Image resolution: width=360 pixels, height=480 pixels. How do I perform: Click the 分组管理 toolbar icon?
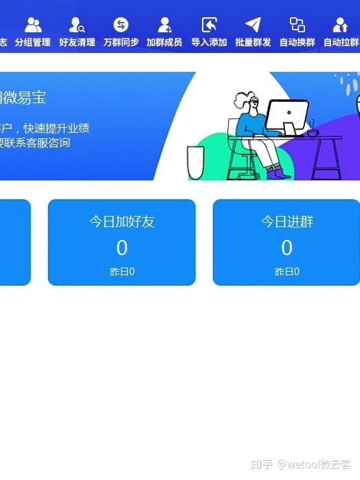click(33, 25)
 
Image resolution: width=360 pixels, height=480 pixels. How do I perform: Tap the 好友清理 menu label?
click(77, 43)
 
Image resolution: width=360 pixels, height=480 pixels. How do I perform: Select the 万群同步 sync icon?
click(121, 25)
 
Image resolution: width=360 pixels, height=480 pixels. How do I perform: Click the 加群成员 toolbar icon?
click(164, 25)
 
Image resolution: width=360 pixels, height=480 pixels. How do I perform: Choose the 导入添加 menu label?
click(209, 43)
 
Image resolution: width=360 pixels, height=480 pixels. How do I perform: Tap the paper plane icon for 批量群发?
click(253, 25)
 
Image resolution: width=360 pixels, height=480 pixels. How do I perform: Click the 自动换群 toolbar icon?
click(297, 25)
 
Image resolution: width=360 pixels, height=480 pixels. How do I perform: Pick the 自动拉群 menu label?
click(341, 43)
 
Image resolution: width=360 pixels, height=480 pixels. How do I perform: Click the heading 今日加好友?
click(122, 221)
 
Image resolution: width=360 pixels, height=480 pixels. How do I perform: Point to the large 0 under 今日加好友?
click(122, 248)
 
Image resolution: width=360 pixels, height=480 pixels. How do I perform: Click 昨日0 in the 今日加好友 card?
click(122, 272)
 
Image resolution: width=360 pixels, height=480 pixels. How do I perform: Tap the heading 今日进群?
click(286, 221)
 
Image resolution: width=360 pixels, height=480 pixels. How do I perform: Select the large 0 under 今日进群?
click(286, 248)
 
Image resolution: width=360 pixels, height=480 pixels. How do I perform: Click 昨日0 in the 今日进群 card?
click(286, 272)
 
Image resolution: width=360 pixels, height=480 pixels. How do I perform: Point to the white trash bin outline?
click(195, 163)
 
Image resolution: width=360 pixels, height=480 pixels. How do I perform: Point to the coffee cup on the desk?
click(313, 130)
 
